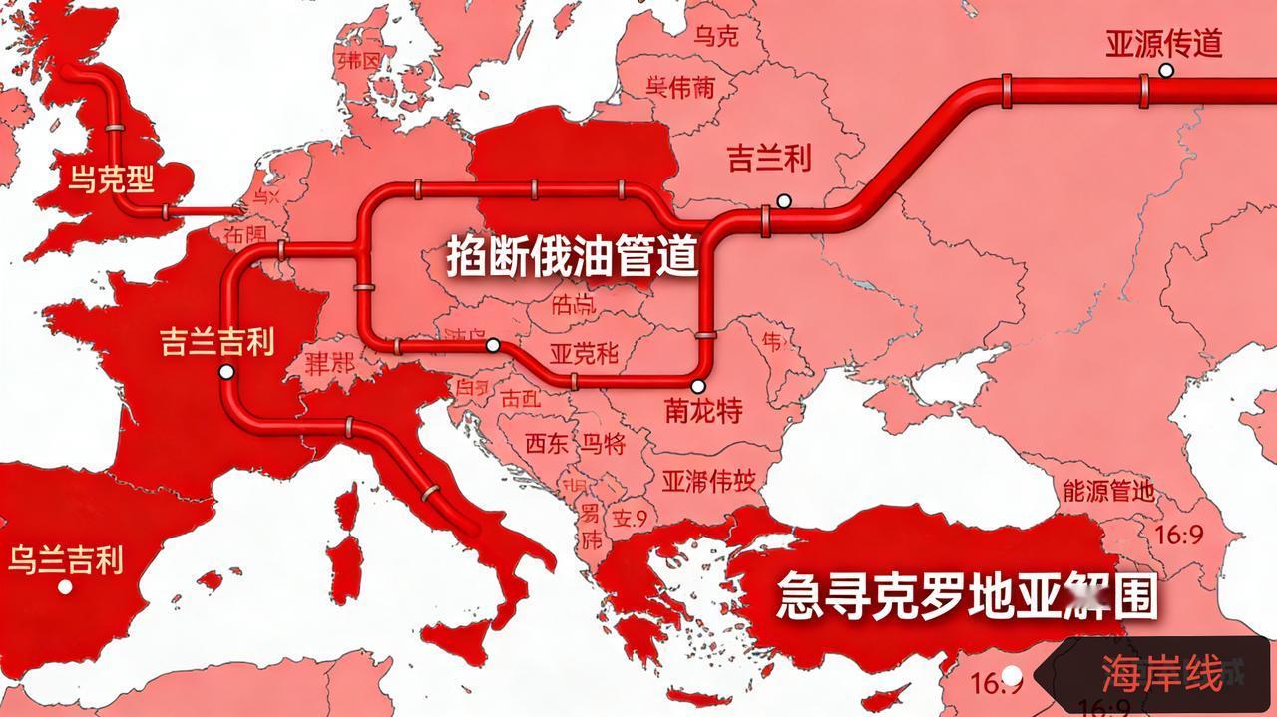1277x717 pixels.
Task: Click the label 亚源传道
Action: [x=1163, y=44]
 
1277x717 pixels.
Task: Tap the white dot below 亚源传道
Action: [x=1165, y=70]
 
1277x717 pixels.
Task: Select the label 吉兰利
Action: [x=768, y=158]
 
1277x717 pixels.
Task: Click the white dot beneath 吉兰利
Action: [x=784, y=201]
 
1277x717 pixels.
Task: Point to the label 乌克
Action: [x=716, y=38]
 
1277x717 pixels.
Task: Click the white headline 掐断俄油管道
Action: [x=572, y=258]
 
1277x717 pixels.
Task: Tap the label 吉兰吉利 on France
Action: [x=216, y=343]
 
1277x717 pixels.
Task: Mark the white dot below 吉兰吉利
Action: [x=226, y=372]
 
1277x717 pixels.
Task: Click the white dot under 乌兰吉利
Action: [x=65, y=586]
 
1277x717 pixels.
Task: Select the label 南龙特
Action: [x=702, y=410]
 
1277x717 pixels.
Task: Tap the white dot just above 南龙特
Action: [x=698, y=386]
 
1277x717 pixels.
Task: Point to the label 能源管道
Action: [x=1108, y=490]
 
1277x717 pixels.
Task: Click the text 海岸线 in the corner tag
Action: [x=1162, y=675]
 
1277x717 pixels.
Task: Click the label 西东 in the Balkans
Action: [x=548, y=443]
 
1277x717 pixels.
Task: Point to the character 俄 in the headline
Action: [x=569, y=258]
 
